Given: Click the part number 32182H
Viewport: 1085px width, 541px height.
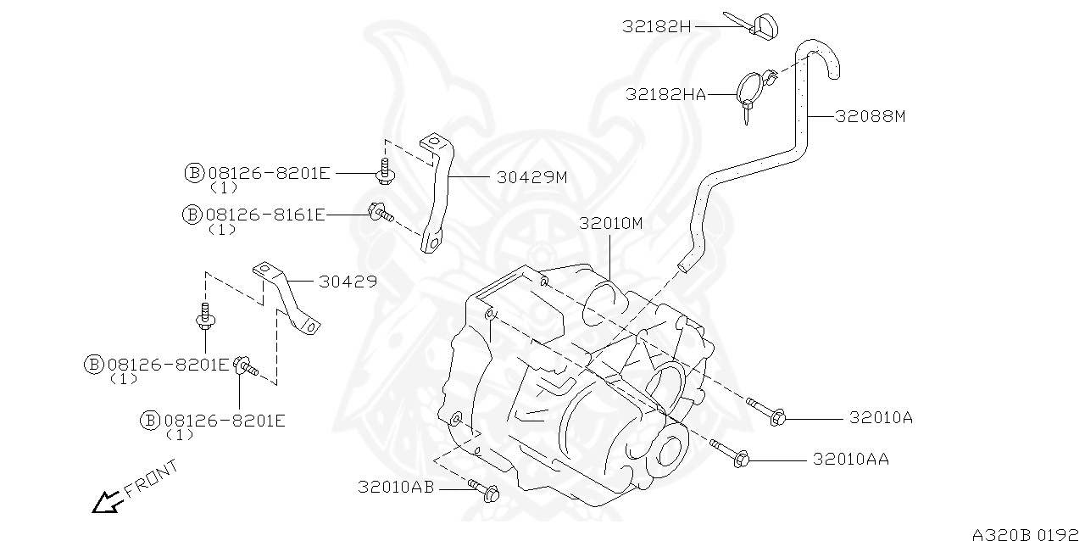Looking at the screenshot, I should (657, 26).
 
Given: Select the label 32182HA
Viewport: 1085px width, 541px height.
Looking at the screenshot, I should (665, 94).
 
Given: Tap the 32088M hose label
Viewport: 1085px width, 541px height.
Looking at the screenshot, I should (870, 116).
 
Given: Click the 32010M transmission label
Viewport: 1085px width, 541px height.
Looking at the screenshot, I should (612, 224).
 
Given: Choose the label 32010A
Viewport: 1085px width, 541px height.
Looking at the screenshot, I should (881, 417).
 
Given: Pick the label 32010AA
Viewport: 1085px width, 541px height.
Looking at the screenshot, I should (851, 459).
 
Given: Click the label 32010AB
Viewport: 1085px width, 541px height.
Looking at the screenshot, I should (396, 487).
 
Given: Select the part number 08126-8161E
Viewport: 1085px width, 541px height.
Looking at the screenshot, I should (265, 215).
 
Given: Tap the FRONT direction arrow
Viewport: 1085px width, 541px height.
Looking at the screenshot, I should (106, 503).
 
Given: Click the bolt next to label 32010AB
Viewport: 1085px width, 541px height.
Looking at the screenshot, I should (484, 490).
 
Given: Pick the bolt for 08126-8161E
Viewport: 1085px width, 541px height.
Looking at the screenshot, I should (381, 212).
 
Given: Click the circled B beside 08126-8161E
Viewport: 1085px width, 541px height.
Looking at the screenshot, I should (192, 215).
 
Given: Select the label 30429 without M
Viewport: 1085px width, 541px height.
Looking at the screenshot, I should (348, 282).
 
